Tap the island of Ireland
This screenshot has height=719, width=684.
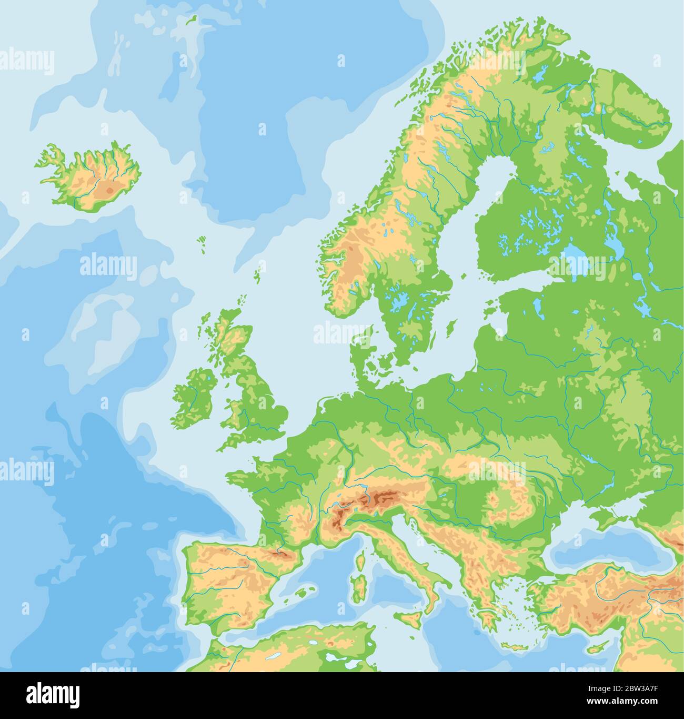tap(194, 398)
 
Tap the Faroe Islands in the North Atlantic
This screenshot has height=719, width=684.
tap(202, 241)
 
